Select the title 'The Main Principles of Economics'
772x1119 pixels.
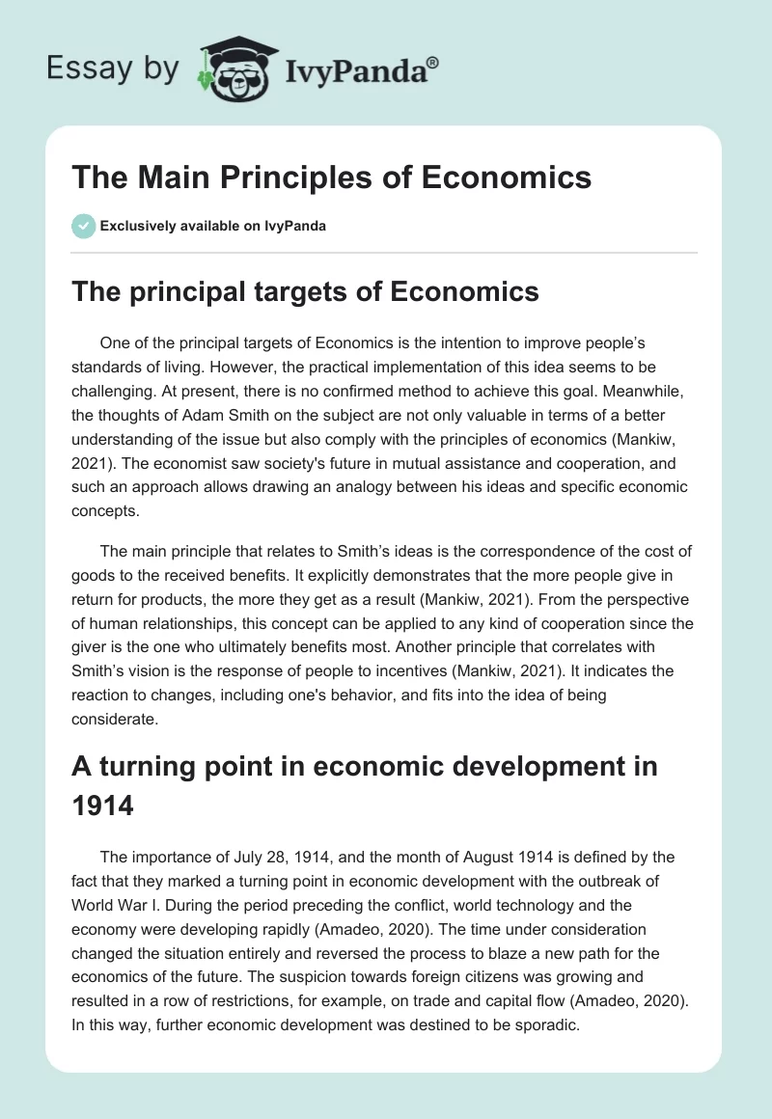pos(332,177)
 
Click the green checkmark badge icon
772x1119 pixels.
pos(83,226)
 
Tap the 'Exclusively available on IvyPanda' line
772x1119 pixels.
pos(212,226)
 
